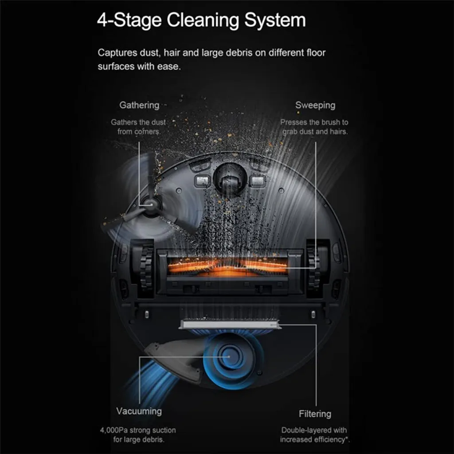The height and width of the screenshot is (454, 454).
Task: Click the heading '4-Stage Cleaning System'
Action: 201,20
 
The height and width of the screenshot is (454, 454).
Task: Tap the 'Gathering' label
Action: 139,106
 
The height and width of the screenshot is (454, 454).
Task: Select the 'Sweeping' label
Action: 315,106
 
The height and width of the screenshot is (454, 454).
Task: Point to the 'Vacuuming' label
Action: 139,411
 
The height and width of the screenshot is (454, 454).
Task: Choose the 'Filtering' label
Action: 315,414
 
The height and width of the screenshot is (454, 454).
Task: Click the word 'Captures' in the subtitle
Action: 117,53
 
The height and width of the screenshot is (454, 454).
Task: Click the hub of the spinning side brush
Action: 150,204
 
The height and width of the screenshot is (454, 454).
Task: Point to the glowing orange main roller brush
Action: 227,266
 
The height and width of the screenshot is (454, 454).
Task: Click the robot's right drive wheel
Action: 313,268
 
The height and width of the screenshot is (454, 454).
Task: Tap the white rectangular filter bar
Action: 230,325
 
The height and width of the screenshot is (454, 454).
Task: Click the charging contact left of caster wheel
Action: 202,181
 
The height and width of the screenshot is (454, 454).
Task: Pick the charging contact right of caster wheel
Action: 258,181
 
